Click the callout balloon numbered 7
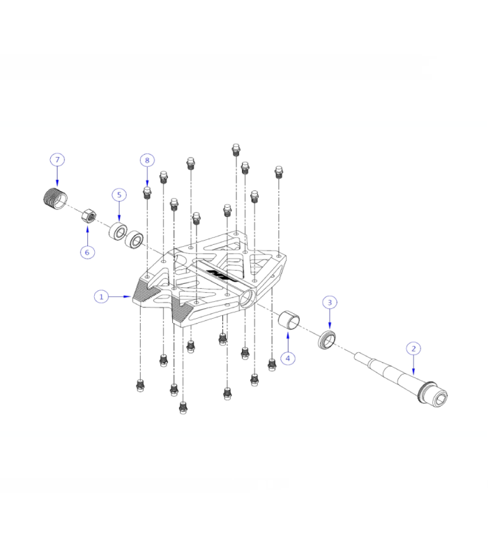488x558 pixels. coord(58,160)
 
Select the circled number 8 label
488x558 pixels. coord(146,160)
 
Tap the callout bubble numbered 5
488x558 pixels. coord(119,195)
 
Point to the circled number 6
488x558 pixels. coord(87,252)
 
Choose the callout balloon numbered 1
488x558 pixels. coord(102,296)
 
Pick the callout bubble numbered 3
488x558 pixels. coord(330,303)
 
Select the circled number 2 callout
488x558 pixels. coord(413,348)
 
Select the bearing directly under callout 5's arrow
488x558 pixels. coord(117,231)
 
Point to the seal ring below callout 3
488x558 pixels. coord(327,340)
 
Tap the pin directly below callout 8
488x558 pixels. coord(147,192)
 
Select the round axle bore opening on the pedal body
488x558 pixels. coord(248,301)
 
